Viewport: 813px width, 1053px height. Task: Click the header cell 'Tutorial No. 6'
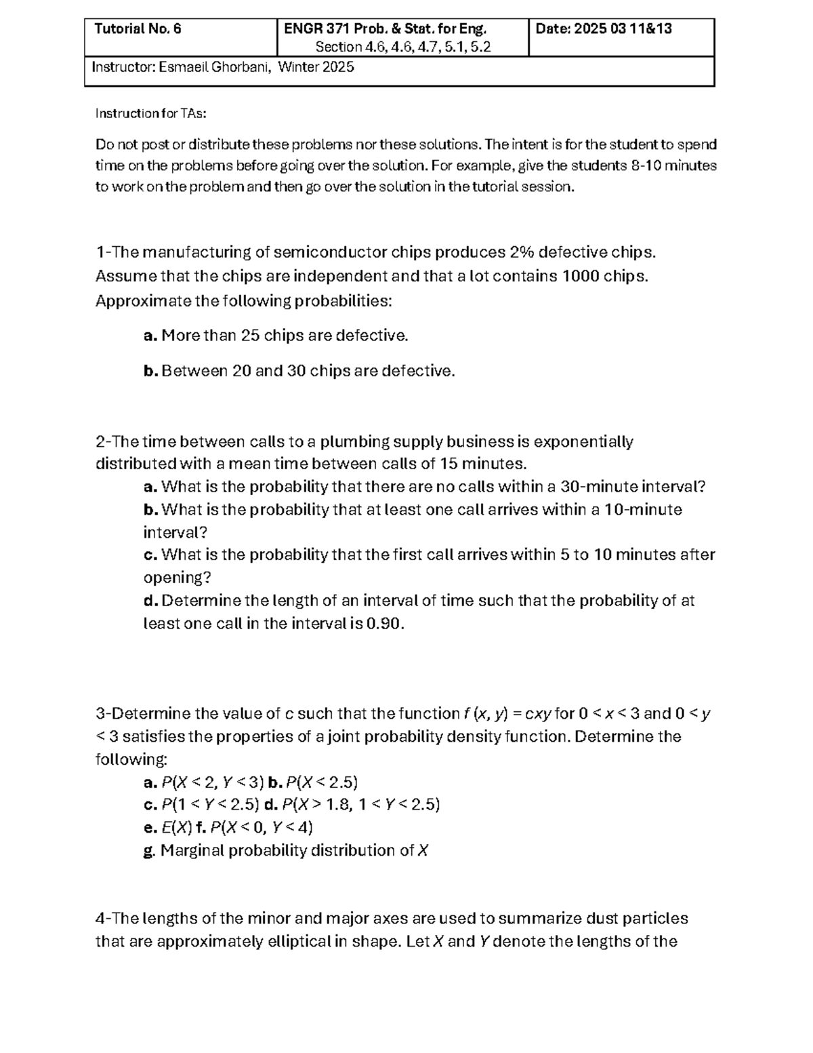pyautogui.click(x=138, y=29)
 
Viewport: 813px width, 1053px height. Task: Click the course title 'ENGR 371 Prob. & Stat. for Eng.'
pyautogui.click(x=385, y=29)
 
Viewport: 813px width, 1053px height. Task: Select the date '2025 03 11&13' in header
pyautogui.click(x=623, y=29)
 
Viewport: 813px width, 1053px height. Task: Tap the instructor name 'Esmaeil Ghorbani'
pyautogui.click(x=215, y=67)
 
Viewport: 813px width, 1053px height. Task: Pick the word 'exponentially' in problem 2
pyautogui.click(x=583, y=442)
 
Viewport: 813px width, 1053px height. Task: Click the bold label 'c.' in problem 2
pyautogui.click(x=150, y=555)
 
